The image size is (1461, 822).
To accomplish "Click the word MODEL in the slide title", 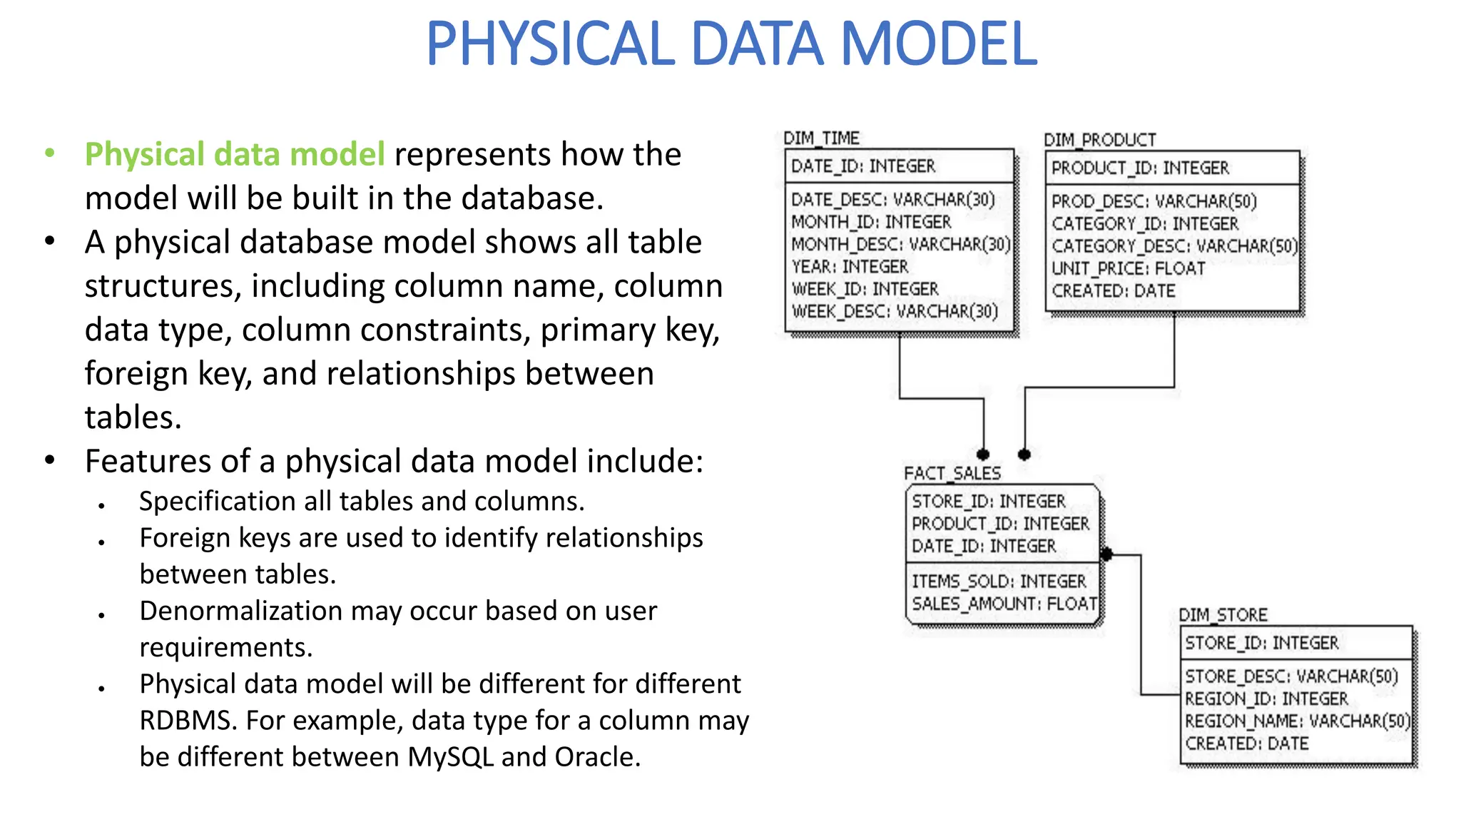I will point(939,44).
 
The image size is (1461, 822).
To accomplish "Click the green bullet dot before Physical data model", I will point(49,153).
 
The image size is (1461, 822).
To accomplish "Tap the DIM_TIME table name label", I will point(821,138).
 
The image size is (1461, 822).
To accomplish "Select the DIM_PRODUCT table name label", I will point(1099,140).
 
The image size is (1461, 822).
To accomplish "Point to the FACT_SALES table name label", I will point(952,473).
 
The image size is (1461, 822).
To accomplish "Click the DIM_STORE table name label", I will point(1223,614).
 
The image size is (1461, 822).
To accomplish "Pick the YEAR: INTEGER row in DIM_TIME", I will point(850,267).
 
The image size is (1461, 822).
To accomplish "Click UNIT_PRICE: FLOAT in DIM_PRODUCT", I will point(1128,268).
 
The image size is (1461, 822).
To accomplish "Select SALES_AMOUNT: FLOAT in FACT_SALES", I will point(1004,604).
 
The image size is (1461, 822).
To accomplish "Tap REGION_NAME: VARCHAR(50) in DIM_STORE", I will point(1297,721).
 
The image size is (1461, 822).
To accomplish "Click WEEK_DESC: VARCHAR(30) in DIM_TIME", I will point(895,312).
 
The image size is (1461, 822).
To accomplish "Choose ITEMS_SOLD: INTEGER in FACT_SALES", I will point(999,582).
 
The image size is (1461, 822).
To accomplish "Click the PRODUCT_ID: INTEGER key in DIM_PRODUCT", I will point(1140,168).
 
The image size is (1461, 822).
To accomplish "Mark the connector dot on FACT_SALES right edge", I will point(1106,554).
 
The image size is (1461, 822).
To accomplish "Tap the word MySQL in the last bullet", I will point(450,757).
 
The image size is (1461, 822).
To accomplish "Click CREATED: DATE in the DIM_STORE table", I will point(1246,744).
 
